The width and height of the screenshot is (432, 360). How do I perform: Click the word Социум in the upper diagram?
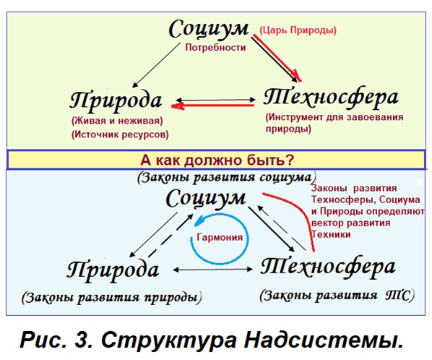tap(209, 29)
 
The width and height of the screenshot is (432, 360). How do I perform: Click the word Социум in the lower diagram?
tap(206, 199)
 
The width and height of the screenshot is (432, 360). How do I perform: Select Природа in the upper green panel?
tap(116, 101)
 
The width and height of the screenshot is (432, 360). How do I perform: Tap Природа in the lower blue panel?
tap(113, 271)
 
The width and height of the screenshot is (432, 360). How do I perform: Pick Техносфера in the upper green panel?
tap(331, 98)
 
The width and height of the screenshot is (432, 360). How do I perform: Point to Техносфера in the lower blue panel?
tap(328, 267)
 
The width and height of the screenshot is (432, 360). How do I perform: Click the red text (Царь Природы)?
tap(298, 30)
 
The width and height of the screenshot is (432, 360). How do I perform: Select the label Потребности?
tap(215, 48)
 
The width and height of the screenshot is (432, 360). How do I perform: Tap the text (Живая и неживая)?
tap(117, 121)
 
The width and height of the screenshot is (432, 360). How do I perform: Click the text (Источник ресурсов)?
tap(120, 134)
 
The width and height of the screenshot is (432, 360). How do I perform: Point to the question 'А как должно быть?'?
tap(217, 160)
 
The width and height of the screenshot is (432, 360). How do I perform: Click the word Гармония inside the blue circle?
tap(220, 237)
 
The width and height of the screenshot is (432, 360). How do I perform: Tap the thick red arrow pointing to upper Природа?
tap(212, 106)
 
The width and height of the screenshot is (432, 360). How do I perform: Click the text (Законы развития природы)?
tap(111, 297)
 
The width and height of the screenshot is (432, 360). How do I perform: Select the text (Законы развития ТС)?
tap(337, 296)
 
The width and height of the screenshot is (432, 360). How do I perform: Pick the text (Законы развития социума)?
tap(227, 177)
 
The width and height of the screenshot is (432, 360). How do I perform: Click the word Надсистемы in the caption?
tap(324, 340)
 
